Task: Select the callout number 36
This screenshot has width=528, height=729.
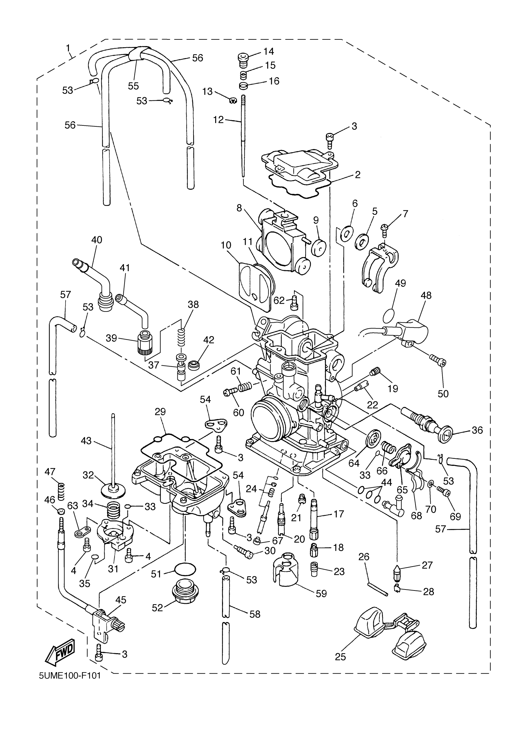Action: tap(477, 430)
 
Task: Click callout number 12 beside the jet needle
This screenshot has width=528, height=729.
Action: tap(218, 120)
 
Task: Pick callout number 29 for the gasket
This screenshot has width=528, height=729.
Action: tap(160, 412)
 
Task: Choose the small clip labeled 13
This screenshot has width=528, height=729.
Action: tap(232, 100)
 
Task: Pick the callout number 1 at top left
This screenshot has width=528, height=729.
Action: tap(68, 48)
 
